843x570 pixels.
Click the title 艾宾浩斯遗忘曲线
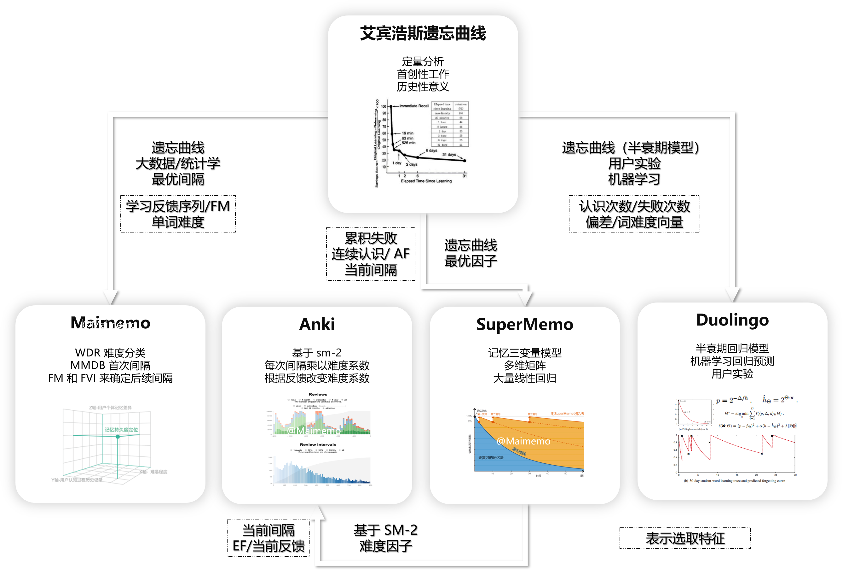point(423,33)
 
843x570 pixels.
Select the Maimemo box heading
point(110,323)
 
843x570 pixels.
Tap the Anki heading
point(317,324)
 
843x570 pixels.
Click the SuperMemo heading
point(524,324)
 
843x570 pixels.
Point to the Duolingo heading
point(732,320)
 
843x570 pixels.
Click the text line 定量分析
point(423,62)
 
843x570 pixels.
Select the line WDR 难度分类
point(110,353)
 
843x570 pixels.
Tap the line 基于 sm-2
point(317,353)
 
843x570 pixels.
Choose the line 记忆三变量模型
point(524,353)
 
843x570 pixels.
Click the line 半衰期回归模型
point(732,349)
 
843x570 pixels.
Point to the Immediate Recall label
point(414,106)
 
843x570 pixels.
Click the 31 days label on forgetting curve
point(449,155)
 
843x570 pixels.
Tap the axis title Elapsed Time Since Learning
point(426,181)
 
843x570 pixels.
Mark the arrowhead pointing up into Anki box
point(317,512)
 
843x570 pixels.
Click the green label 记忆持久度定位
point(121,430)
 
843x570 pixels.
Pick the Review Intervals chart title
point(318,444)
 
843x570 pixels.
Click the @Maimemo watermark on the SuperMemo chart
point(523,441)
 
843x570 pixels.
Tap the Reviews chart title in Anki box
point(318,394)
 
